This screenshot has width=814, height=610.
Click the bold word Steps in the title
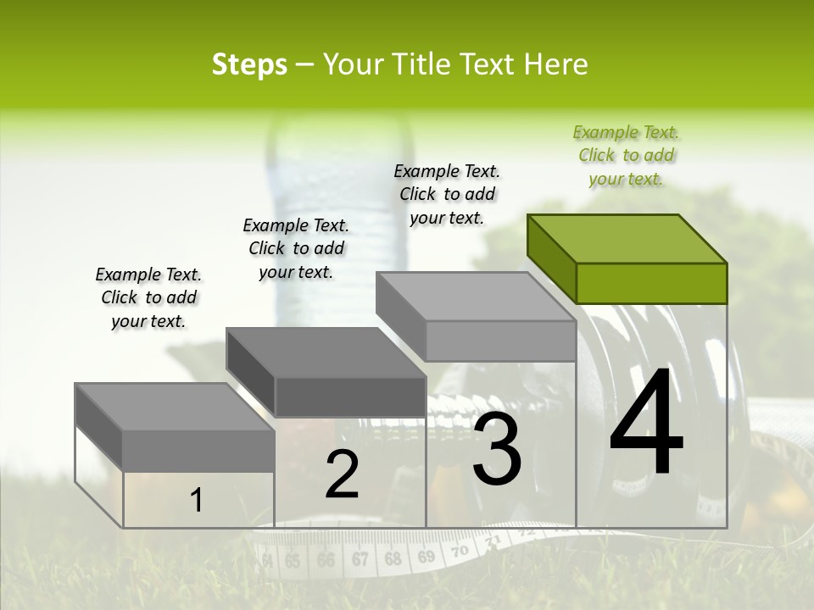pyautogui.click(x=249, y=64)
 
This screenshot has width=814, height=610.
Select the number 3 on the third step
pyautogui.click(x=497, y=449)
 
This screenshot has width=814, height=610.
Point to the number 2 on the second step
pyautogui.click(x=342, y=474)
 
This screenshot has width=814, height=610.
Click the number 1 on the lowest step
pyautogui.click(x=197, y=501)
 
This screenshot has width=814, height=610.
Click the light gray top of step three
pyautogui.click(x=475, y=297)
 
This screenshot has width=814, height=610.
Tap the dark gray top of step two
pyautogui.click(x=326, y=352)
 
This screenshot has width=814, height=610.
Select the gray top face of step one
pyautogui.click(x=175, y=407)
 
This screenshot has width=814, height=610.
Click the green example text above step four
pyautogui.click(x=627, y=156)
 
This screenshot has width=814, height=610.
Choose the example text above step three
pyautogui.click(x=447, y=194)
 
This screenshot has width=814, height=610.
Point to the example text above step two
pyautogui.click(x=296, y=248)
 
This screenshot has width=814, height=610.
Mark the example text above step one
pyautogui.click(x=148, y=297)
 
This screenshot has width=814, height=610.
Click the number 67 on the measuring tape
pyautogui.click(x=360, y=559)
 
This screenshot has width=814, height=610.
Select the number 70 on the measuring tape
pyautogui.click(x=459, y=551)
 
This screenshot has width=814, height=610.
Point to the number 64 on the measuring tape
pyautogui.click(x=268, y=561)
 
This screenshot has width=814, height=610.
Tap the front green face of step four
pyautogui.click(x=651, y=283)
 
